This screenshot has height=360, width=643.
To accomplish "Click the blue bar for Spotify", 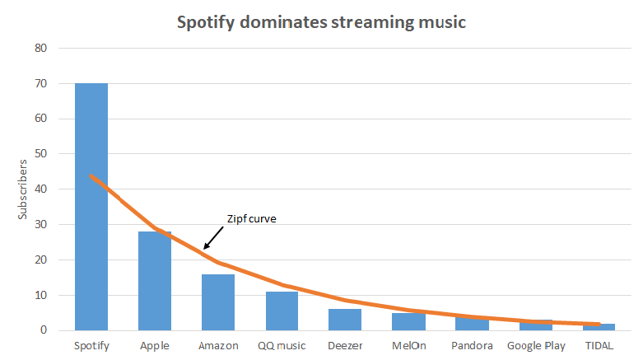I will pyautogui.click(x=91, y=206).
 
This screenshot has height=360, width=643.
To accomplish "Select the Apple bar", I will pyautogui.click(x=155, y=281).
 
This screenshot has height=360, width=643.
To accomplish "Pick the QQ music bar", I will pyautogui.click(x=282, y=311).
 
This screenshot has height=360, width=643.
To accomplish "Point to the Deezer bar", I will pyautogui.click(x=345, y=320).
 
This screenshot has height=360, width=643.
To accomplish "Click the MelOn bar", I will pyautogui.click(x=408, y=322).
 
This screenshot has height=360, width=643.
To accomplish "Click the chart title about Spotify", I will pyautogui.click(x=321, y=22).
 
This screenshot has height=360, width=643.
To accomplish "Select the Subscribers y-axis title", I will pyautogui.click(x=24, y=189).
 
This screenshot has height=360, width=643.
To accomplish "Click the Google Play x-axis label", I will pyautogui.click(x=536, y=346).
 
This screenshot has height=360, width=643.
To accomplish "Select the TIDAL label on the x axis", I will pyautogui.click(x=600, y=346).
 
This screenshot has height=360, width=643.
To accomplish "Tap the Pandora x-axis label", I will pyautogui.click(x=473, y=346).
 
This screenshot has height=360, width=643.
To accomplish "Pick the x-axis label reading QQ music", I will pyautogui.click(x=282, y=346).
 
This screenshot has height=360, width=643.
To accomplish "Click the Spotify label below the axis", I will pyautogui.click(x=91, y=346).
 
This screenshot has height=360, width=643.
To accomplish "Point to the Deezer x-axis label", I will pyautogui.click(x=345, y=346).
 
